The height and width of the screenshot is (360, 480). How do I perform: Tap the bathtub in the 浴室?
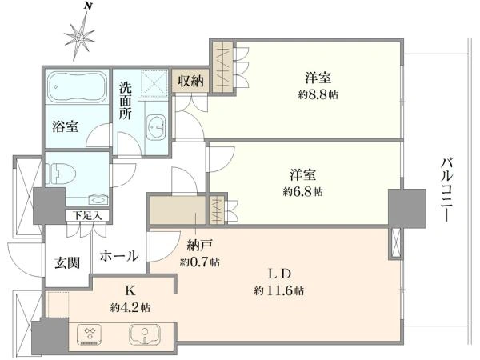[77, 86]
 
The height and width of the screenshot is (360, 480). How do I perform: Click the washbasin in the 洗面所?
[156, 127]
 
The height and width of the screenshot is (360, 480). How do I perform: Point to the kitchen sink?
[145, 334]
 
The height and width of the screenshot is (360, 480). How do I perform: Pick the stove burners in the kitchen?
[90, 334]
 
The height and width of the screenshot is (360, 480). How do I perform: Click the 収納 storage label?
[190, 81]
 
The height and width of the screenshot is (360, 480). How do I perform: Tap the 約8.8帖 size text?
[318, 95]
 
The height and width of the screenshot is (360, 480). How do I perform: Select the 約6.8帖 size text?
[302, 192]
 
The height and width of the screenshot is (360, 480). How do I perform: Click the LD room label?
[279, 274]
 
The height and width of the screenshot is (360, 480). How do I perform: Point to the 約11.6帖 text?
[279, 290]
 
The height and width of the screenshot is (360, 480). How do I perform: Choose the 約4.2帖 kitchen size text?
[130, 307]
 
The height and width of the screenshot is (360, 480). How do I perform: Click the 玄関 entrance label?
[67, 262]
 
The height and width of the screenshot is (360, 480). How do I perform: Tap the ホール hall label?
[119, 256]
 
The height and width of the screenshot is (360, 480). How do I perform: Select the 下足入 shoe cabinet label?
[87, 215]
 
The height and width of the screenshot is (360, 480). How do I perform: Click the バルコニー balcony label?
[446, 190]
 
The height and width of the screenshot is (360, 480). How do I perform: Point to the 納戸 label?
[200, 246]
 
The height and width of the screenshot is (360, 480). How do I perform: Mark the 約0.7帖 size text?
[199, 262]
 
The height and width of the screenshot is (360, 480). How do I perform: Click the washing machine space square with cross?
[154, 82]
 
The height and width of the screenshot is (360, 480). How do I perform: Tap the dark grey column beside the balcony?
[407, 208]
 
